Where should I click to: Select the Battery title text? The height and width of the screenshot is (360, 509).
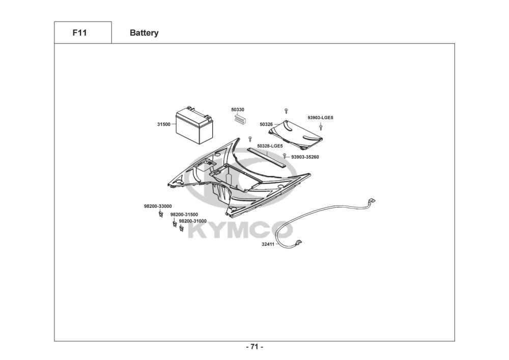click(x=144, y=33)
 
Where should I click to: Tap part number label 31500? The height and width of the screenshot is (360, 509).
click(x=164, y=124)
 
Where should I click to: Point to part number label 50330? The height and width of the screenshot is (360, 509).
click(x=238, y=109)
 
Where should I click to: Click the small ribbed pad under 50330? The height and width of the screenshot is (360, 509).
click(x=239, y=119)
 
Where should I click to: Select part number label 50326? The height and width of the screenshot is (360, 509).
click(x=266, y=124)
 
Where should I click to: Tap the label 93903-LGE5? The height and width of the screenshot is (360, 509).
click(x=320, y=118)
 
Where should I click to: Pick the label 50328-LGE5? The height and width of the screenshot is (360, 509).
click(x=270, y=146)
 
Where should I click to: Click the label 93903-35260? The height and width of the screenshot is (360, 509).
click(x=305, y=157)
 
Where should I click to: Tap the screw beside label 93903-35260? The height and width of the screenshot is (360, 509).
click(x=285, y=156)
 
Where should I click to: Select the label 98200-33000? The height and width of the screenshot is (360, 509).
click(x=158, y=206)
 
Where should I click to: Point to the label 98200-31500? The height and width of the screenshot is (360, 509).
click(x=184, y=214)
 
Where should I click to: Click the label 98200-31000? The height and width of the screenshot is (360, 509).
click(x=192, y=221)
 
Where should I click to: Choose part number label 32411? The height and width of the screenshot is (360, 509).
click(x=268, y=244)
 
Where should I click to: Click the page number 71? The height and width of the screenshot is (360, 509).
click(x=254, y=347)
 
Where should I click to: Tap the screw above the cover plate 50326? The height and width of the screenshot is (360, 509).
click(x=287, y=110)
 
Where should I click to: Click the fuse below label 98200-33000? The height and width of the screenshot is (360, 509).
click(x=160, y=213)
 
